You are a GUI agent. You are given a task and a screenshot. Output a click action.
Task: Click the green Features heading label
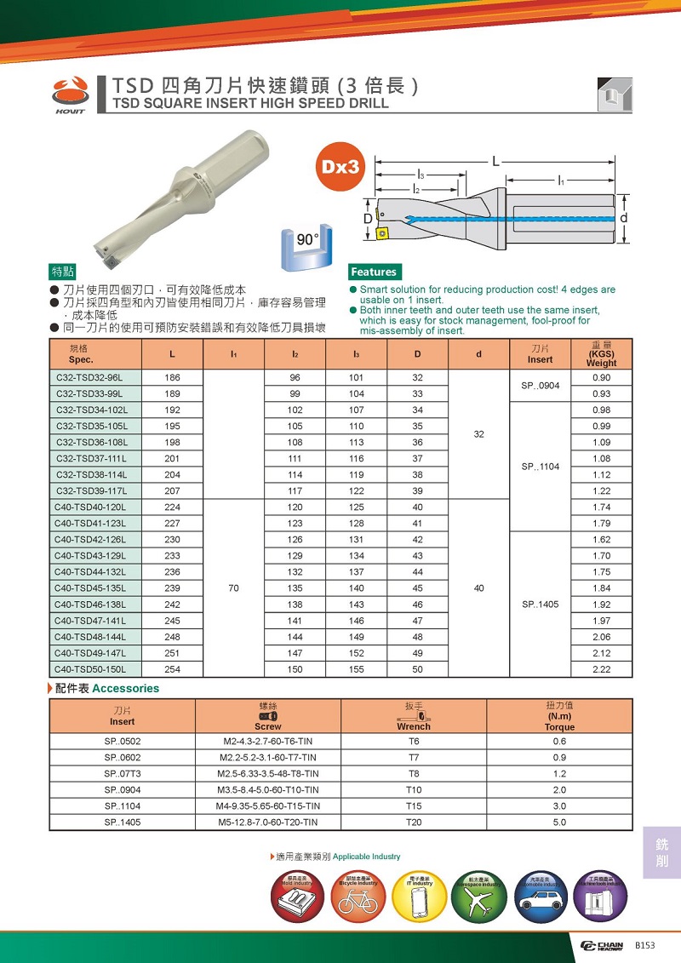tap(374, 272)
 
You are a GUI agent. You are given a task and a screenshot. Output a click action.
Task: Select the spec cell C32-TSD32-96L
tap(89, 377)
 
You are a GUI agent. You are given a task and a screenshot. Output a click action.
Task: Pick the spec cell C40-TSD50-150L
tap(89, 668)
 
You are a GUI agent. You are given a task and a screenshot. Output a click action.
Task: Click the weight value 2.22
tap(602, 668)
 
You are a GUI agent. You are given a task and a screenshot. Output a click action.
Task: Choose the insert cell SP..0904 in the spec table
tap(540, 386)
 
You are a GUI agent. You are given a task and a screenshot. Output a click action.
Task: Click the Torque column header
tap(559, 727)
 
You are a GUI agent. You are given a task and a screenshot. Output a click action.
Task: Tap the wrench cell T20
tap(414, 822)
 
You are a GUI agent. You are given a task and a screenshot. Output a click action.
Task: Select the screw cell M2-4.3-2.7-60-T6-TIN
tap(268, 741)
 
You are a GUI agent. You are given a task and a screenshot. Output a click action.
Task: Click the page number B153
tap(646, 945)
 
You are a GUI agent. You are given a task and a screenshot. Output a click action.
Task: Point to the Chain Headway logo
tap(602, 946)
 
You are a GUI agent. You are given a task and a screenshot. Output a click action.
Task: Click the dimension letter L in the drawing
tap(495, 160)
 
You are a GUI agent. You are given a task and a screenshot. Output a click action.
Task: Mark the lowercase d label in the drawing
tap(625, 219)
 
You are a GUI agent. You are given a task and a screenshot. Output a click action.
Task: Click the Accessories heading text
tap(125, 688)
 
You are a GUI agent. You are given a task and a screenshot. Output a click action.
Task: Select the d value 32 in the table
tap(478, 433)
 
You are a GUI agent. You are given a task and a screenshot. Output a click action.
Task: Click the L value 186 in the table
tap(173, 377)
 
